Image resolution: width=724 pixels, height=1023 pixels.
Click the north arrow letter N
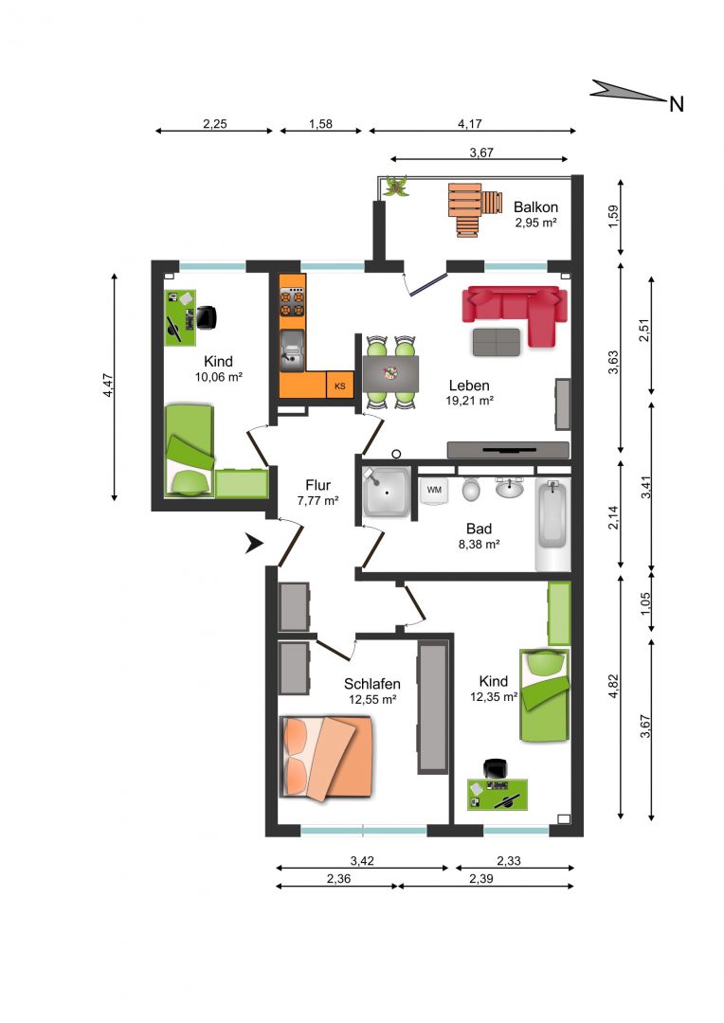click(x=677, y=104)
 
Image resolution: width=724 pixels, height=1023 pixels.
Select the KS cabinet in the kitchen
click(x=340, y=386)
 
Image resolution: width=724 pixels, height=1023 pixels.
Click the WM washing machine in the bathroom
click(x=434, y=491)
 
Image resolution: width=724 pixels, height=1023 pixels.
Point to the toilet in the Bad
click(x=471, y=489)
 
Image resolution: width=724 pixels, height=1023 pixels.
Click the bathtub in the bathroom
click(x=552, y=525)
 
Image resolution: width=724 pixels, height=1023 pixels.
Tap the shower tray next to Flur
click(x=386, y=492)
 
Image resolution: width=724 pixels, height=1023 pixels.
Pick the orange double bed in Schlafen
click(x=326, y=758)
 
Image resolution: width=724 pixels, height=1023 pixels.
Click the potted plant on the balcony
click(x=394, y=187)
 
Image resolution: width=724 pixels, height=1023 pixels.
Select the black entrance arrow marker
click(x=253, y=543)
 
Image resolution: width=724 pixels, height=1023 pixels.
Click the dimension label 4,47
click(x=108, y=385)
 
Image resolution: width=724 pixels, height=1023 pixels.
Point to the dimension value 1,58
click(x=320, y=123)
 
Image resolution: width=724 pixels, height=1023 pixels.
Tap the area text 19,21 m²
click(x=469, y=401)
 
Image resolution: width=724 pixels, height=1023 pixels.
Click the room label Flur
click(x=317, y=485)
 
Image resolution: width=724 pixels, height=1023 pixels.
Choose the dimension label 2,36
click(x=339, y=878)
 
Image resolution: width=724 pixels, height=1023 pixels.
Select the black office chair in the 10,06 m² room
click(x=207, y=317)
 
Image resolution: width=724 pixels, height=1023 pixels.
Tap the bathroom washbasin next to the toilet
click(x=509, y=487)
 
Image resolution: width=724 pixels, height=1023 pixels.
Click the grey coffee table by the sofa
click(x=497, y=342)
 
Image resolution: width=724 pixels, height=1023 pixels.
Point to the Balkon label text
click(x=536, y=206)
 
